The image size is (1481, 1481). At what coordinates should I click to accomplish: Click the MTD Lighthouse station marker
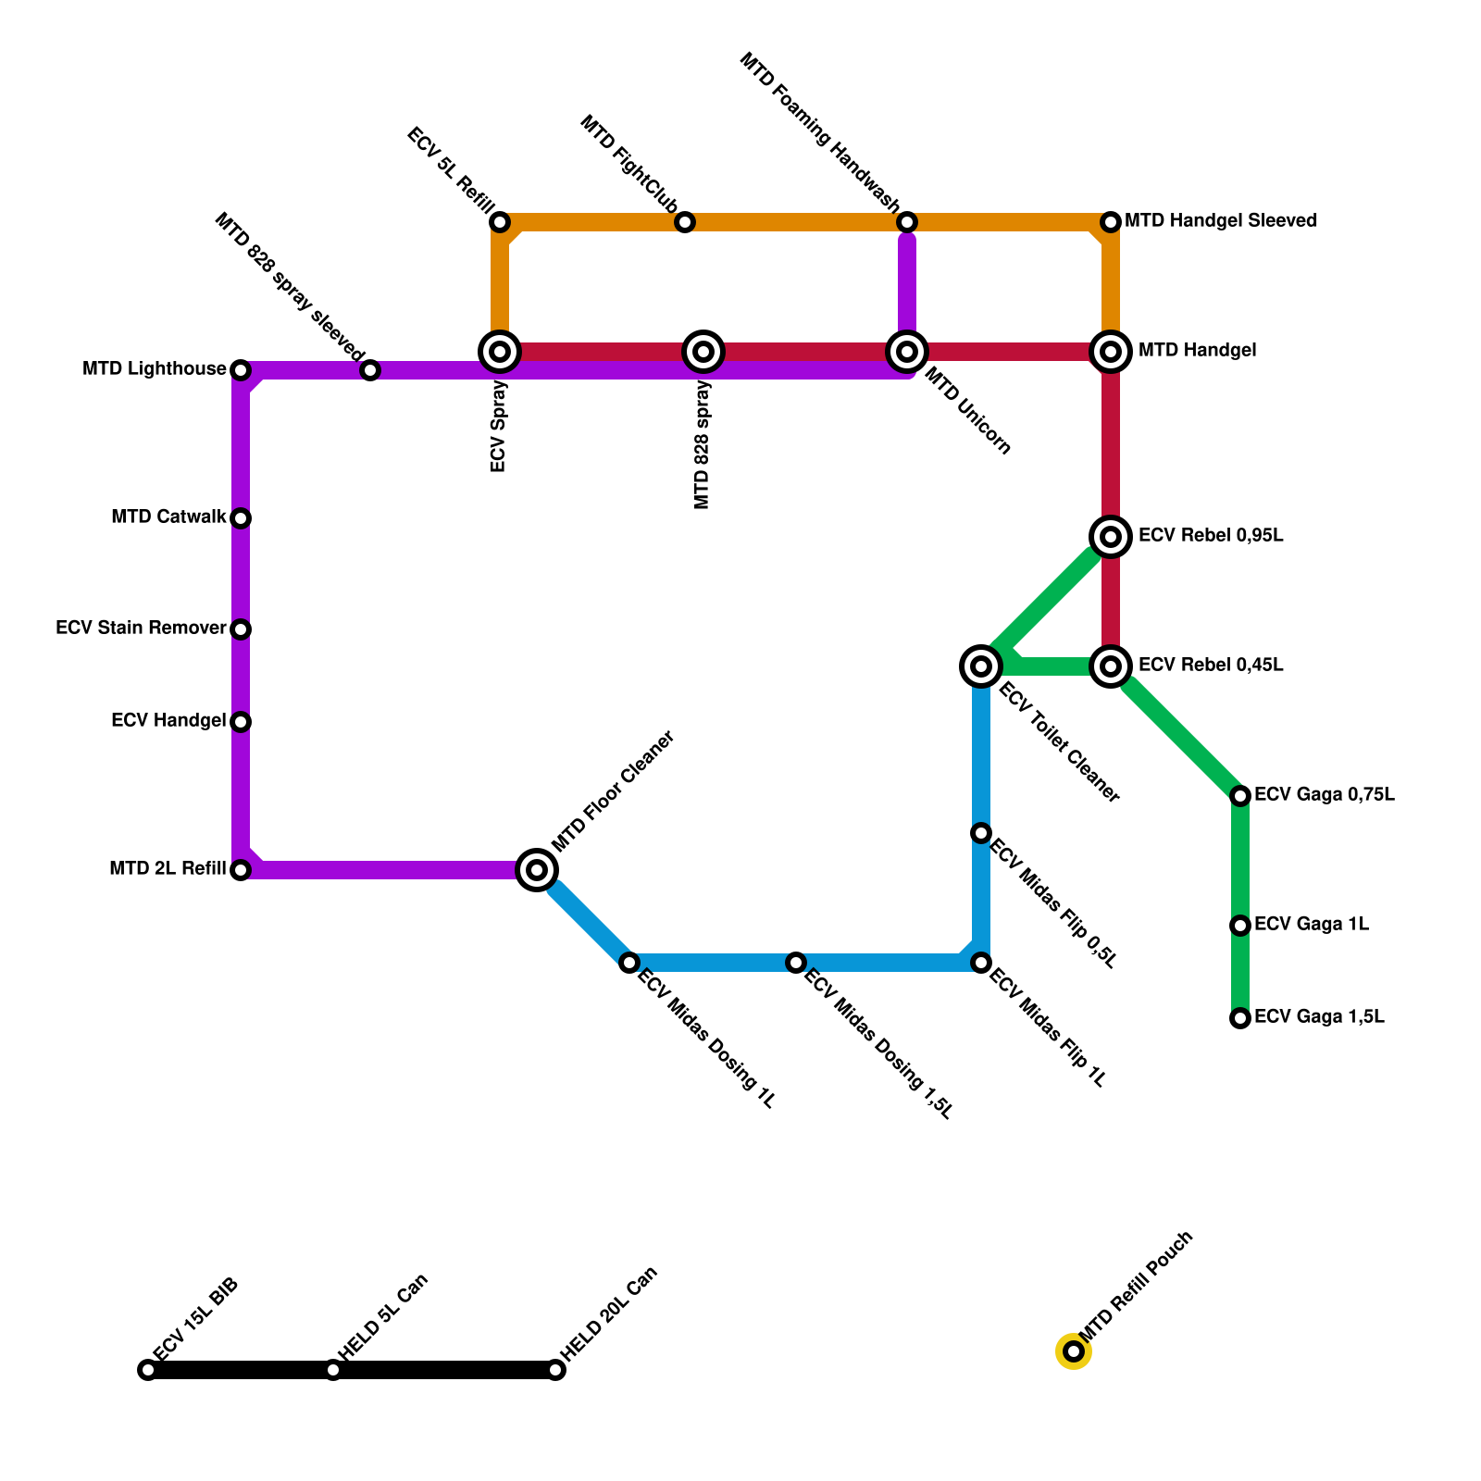point(241,370)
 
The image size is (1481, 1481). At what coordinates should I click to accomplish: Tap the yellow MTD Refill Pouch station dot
point(1074,1351)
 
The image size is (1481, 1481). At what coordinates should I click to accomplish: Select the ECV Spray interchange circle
point(500,352)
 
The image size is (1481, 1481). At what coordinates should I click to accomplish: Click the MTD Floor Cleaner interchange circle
point(537,870)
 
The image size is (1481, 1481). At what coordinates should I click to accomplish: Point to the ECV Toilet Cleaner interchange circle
point(981,666)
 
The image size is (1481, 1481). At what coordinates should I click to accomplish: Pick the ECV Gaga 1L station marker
point(1240,926)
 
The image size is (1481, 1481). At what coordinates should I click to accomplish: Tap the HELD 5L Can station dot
point(333,1370)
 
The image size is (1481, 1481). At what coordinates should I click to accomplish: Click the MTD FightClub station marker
point(685,222)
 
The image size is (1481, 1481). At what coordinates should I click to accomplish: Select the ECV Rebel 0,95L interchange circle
point(1111,537)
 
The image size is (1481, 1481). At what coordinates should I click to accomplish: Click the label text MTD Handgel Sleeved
point(1221,221)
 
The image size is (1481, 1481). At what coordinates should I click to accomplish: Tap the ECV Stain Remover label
point(141,628)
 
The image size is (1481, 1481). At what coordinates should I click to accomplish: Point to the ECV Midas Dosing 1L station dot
point(629,963)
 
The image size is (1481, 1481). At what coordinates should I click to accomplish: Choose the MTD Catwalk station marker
point(241,518)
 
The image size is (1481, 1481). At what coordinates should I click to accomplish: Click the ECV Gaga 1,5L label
point(1319,1017)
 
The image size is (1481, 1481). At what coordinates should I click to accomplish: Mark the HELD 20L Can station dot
point(555,1370)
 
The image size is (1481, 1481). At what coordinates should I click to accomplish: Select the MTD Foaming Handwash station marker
point(907,222)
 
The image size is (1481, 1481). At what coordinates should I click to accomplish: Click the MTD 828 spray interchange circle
point(703,352)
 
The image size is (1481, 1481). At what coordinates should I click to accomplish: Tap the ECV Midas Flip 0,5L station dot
point(981,833)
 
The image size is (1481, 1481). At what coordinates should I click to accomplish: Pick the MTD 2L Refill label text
point(168,869)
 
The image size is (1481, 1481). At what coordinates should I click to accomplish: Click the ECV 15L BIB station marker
point(148,1370)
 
